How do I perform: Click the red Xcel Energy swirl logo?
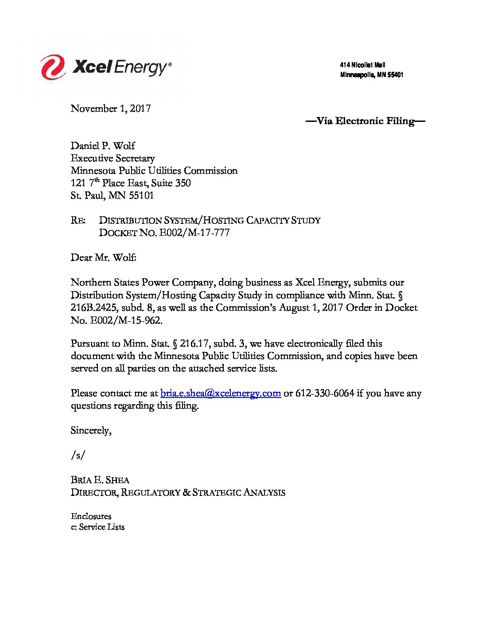53,67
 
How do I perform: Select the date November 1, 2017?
111,109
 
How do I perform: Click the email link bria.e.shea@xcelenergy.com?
221,393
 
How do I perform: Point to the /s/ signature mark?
78,455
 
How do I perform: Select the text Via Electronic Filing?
365,121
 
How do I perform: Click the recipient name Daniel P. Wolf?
103,146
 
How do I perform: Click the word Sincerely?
91,430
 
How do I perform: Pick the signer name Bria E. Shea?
100,480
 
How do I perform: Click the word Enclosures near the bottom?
91,516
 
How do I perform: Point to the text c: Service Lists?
97,527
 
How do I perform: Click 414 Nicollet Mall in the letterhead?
362,65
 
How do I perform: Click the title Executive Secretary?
113,158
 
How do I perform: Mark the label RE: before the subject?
78,220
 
